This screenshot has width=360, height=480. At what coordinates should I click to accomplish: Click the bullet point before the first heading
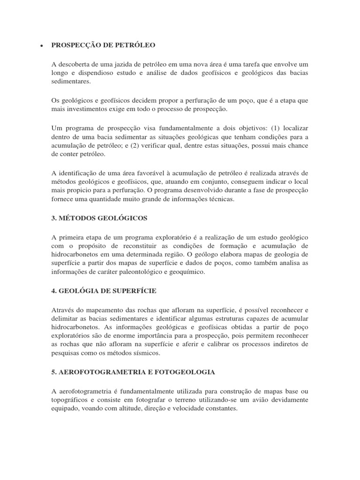[42, 45]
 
